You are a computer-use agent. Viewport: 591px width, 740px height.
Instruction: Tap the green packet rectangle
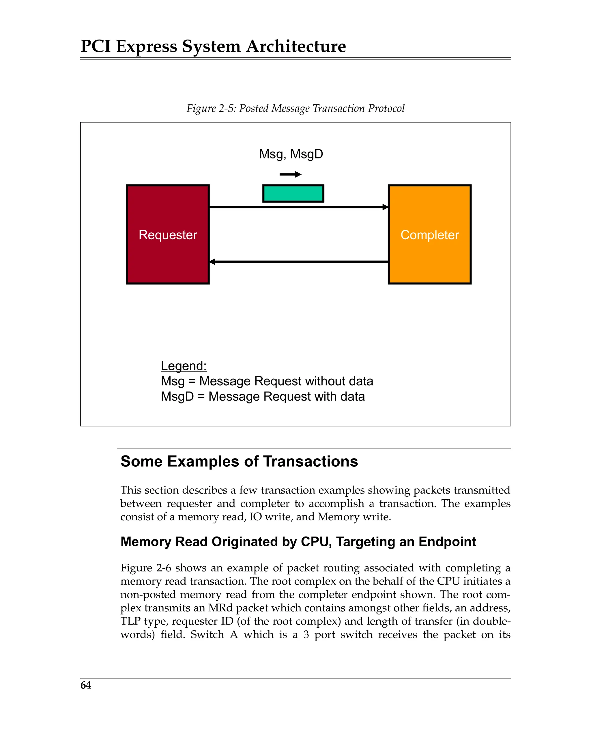coord(293,194)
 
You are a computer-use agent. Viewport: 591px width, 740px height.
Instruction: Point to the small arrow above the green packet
coord(290,174)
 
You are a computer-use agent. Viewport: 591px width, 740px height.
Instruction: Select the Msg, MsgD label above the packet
coord(291,154)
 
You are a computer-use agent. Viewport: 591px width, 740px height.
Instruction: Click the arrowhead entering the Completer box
coord(386,207)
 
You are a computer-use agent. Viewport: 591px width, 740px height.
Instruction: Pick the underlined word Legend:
coord(184,366)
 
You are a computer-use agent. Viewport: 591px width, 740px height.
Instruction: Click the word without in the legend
coord(325,381)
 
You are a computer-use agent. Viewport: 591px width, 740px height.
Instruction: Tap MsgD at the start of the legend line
coord(177,397)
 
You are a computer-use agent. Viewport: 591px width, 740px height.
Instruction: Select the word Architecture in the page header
coord(296,46)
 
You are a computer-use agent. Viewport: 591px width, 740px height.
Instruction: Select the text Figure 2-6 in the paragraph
coord(145,568)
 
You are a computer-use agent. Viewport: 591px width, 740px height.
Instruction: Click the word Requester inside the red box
coord(168,235)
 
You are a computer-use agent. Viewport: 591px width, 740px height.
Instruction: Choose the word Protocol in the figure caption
coord(386,109)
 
